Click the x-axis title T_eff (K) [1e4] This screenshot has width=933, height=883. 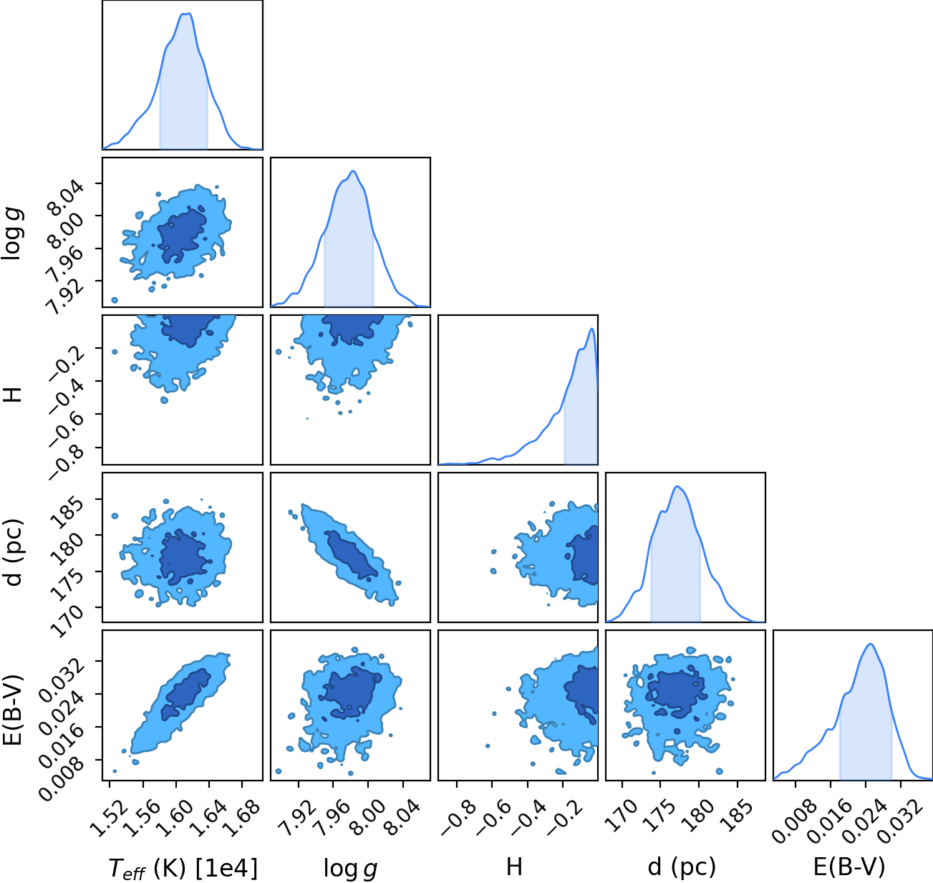click(183, 868)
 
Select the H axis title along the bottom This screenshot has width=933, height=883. click(514, 867)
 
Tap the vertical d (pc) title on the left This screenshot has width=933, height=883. click(14, 553)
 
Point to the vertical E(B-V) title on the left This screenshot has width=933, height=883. click(14, 709)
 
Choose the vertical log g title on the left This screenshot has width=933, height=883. click(14, 234)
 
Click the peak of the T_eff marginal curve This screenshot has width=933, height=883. click(186, 14)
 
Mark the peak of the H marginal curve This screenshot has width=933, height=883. click(591, 329)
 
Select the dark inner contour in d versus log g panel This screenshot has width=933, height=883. click(351, 554)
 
